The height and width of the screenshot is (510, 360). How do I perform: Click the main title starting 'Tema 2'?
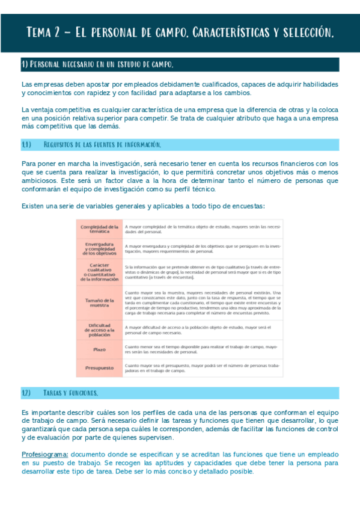point(180,32)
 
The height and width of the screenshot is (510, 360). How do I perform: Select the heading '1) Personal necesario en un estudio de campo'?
point(98,64)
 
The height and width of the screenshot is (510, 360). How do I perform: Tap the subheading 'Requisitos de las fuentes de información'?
point(102,145)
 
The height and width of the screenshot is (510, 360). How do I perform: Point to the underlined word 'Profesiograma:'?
point(44,454)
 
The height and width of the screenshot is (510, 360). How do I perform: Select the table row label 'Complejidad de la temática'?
point(99,229)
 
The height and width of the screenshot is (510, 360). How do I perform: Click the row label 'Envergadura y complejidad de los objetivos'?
point(99,249)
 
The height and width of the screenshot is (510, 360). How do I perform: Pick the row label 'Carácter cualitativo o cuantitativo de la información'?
point(99,272)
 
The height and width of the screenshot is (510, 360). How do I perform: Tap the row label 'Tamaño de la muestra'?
point(99,302)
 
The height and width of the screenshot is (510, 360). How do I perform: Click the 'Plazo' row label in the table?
point(99,349)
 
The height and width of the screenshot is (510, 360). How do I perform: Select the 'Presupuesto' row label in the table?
point(99,367)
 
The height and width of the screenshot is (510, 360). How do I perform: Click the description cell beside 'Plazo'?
point(203,349)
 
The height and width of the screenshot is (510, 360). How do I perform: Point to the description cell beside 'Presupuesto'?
point(203,368)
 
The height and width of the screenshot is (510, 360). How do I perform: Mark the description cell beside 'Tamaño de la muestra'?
point(203,302)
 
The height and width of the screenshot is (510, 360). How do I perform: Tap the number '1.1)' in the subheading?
point(26,145)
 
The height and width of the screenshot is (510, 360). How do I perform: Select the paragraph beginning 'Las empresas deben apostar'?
point(180,88)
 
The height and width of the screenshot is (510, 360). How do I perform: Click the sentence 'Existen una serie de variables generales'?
point(142,206)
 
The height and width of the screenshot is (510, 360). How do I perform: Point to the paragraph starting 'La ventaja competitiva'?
point(180,118)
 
